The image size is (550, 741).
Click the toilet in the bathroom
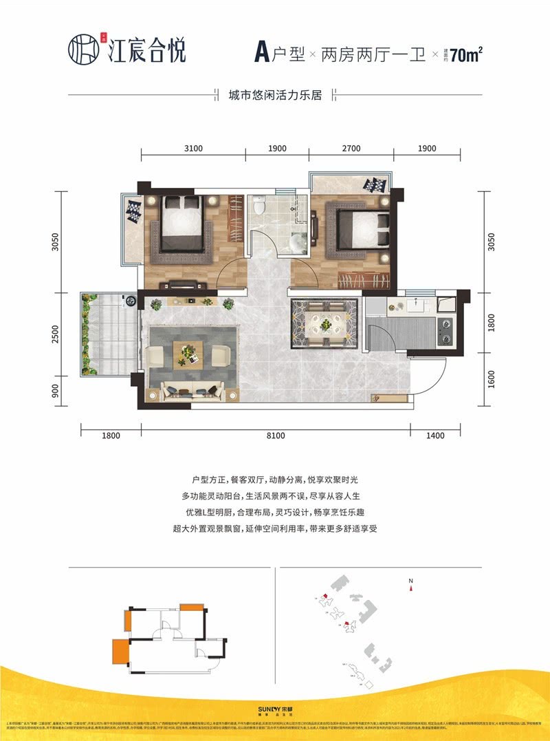[x=259, y=205]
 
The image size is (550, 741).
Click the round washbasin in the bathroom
[x=299, y=243]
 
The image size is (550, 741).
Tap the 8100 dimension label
[x=275, y=436]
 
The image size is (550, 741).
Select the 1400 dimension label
[x=435, y=436]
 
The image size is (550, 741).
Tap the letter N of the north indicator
[x=410, y=581]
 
